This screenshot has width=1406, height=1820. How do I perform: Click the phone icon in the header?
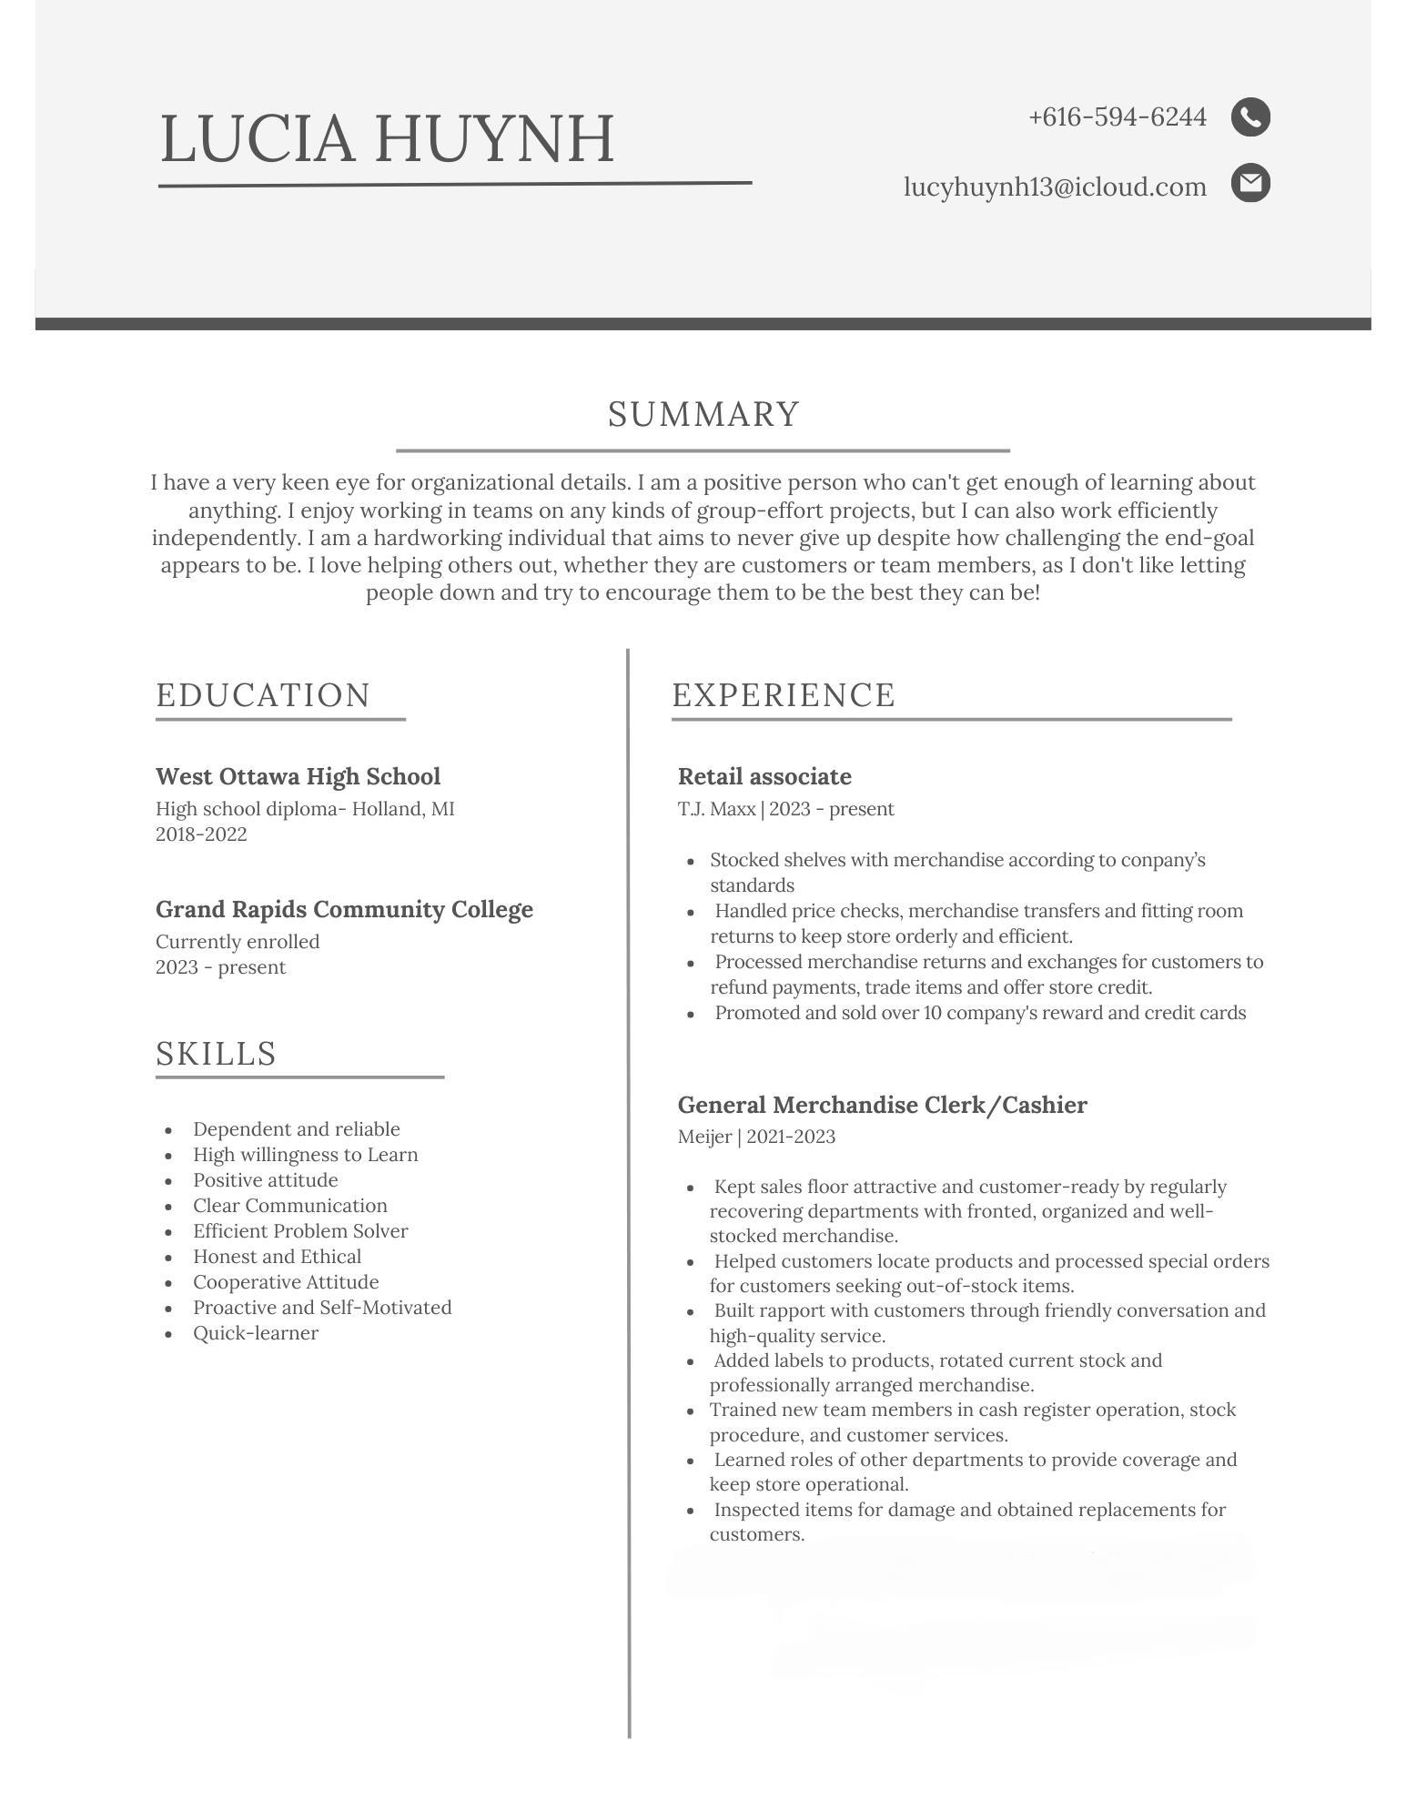pyautogui.click(x=1250, y=117)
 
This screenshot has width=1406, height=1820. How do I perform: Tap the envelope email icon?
pyautogui.click(x=1250, y=183)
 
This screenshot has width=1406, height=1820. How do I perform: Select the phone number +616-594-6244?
pyautogui.click(x=1117, y=117)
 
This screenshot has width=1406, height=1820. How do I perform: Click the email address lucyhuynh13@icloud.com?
pyautogui.click(x=1055, y=187)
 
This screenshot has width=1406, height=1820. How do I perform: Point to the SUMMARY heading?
pyautogui.click(x=703, y=415)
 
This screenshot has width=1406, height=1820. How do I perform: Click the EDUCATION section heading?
pyautogui.click(x=263, y=695)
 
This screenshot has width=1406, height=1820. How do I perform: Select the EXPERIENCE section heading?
pyautogui.click(x=784, y=695)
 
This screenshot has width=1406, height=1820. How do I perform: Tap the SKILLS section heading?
pyautogui.click(x=216, y=1054)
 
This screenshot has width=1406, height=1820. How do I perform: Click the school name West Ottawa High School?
pyautogui.click(x=298, y=776)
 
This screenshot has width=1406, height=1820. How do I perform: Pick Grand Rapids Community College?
pyautogui.click(x=344, y=909)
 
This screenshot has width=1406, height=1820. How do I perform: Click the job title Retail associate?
pyautogui.click(x=764, y=776)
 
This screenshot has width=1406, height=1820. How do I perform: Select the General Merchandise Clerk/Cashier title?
pyautogui.click(x=882, y=1105)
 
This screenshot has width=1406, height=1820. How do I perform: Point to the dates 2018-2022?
pyautogui.click(x=201, y=834)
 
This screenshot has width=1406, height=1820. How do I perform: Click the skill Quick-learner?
pyautogui.click(x=256, y=1333)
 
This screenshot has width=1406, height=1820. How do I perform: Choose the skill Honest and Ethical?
pyautogui.click(x=277, y=1257)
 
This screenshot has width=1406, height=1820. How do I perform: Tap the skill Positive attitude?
pyautogui.click(x=265, y=1180)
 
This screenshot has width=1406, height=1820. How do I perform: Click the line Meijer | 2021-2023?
pyautogui.click(x=756, y=1137)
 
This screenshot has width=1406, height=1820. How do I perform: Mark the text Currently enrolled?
pyautogui.click(x=238, y=942)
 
